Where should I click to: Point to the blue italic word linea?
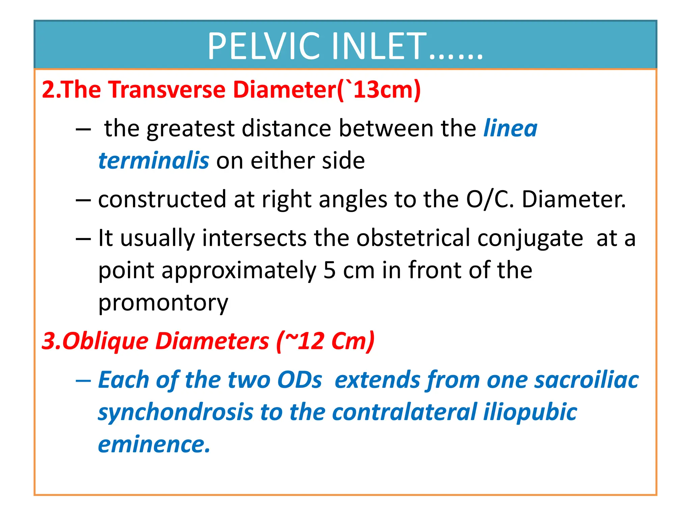pos(510,128)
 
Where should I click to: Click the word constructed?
pos(162,200)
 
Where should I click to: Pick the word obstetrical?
pos(413,238)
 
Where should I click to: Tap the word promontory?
pos(163,303)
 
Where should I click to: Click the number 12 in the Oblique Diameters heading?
pos(311,341)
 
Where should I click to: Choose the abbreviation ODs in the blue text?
pos(299,380)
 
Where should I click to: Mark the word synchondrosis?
pos(175,412)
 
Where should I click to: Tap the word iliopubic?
pos(530,412)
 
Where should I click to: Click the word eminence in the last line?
pos(154,444)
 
